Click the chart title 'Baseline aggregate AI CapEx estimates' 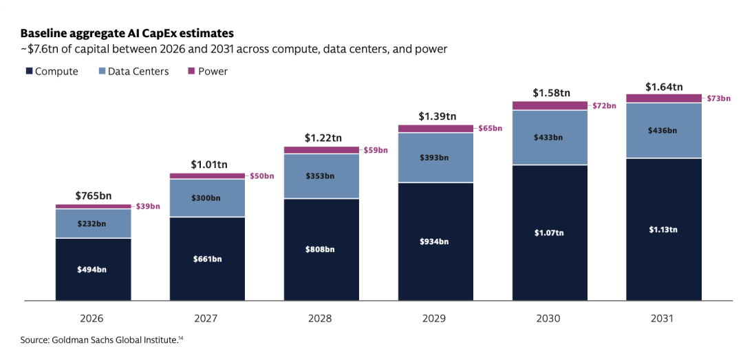pos(127,34)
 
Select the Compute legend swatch pos(29,71)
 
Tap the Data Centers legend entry pos(133,71)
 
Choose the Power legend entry pos(208,71)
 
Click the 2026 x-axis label pos(94,318)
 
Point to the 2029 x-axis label pos(435,318)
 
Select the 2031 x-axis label pos(664,318)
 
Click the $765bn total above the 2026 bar pos(94,195)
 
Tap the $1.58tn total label pos(550,92)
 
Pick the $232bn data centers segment pos(94,224)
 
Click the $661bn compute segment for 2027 pos(208,259)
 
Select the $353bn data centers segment pos(322,176)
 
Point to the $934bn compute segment pos(435,242)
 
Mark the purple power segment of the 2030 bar pos(550,106)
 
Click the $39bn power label pos(148,207)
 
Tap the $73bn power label pos(718,98)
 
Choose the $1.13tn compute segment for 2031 pos(664,230)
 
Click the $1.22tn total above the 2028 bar pos(322,138)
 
